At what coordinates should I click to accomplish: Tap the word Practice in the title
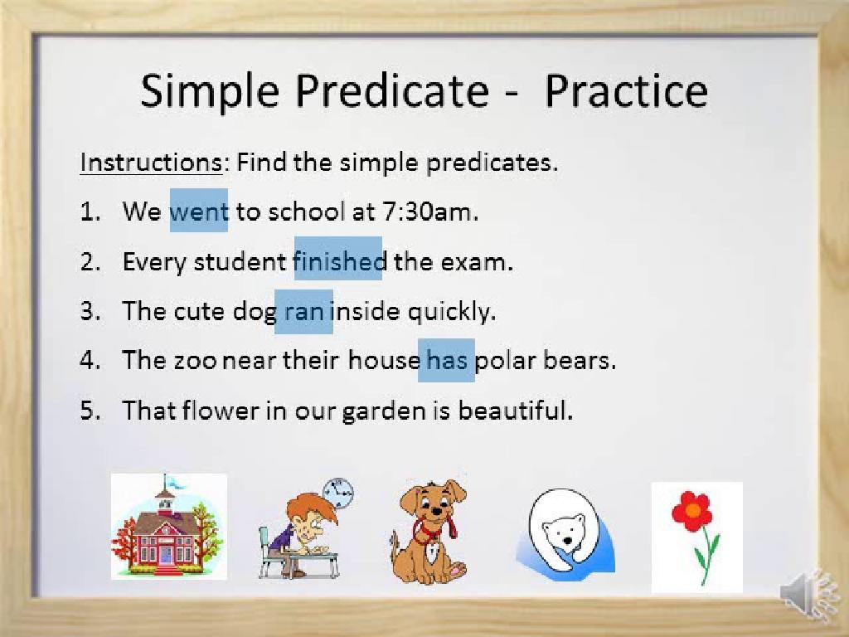click(x=625, y=90)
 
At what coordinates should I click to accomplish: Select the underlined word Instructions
click(x=150, y=162)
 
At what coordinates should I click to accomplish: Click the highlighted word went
click(x=198, y=212)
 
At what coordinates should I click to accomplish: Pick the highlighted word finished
click(x=338, y=261)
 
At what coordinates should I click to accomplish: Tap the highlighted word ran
click(x=303, y=312)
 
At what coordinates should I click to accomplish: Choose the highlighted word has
click(x=446, y=361)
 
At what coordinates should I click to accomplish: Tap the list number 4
click(x=90, y=362)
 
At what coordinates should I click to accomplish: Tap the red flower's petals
click(x=691, y=511)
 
